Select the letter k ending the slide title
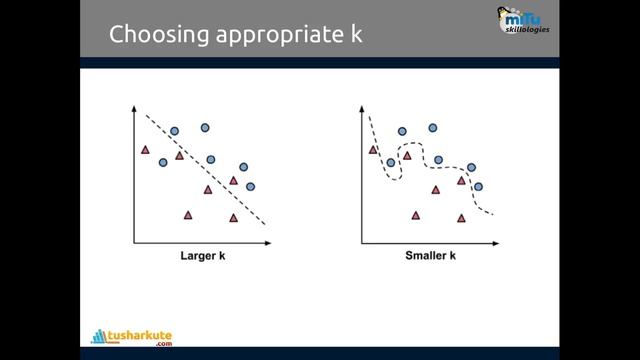pyautogui.click(x=355, y=35)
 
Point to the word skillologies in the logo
pyautogui.click(x=527, y=30)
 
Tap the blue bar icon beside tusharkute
pyautogui.click(x=99, y=336)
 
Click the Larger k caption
pyautogui.click(x=201, y=255)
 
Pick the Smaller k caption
pyautogui.click(x=430, y=255)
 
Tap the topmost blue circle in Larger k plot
pyautogui.click(x=205, y=128)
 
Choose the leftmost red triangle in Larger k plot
pyautogui.click(x=146, y=150)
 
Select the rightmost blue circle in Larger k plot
pyautogui.click(x=250, y=186)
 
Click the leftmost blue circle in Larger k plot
pyautogui.click(x=163, y=162)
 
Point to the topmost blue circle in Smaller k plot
pyautogui.click(x=433, y=128)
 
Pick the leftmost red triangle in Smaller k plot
pyautogui.click(x=374, y=150)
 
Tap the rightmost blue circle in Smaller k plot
pyautogui.click(x=478, y=186)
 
